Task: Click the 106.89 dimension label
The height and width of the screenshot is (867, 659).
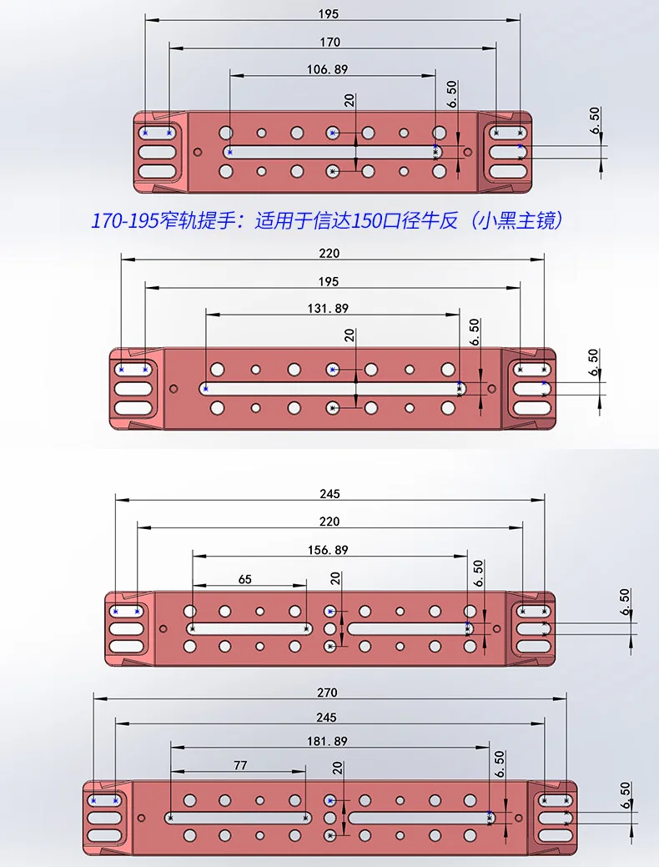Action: pos(327,69)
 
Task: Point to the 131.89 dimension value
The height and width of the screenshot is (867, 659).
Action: pos(328,308)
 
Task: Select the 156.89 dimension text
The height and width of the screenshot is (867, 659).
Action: pos(328,550)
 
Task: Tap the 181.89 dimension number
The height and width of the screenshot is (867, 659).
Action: pos(327,741)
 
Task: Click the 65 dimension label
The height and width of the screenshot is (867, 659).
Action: pos(245,579)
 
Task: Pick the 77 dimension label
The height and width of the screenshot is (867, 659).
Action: pos(240,765)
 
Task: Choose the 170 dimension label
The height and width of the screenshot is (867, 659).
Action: pos(330,42)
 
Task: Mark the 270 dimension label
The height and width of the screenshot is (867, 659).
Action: pos(327,693)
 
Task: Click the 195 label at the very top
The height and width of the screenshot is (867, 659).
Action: pos(329,14)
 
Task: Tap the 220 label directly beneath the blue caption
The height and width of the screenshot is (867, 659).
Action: pos(329,253)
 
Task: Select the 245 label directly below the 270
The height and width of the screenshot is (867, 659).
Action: pos(326,717)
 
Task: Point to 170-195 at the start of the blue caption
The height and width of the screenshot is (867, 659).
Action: pos(123,221)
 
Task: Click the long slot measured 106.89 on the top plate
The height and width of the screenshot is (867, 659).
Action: pos(333,152)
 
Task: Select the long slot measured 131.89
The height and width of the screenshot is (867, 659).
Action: pos(332,389)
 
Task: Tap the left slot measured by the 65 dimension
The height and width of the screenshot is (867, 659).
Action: pos(249,628)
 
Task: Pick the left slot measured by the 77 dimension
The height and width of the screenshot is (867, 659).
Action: pos(239,818)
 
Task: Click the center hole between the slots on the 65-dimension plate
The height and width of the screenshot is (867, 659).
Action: pos(330,628)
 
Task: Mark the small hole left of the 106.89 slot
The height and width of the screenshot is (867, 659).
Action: pos(198,152)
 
